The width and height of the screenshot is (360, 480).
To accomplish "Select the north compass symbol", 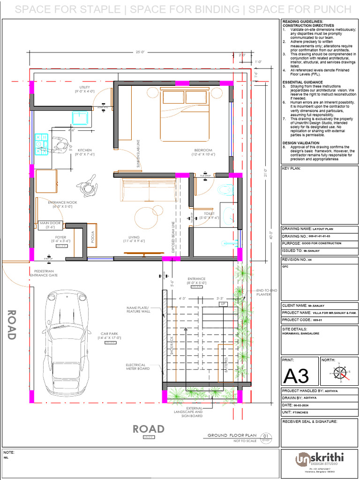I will click(341, 373).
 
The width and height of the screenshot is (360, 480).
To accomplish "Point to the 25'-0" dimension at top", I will click(140, 52).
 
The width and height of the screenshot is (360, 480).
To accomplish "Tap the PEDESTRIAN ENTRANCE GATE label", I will click(44, 274).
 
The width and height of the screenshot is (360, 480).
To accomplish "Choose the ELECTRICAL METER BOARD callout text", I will click(138, 367).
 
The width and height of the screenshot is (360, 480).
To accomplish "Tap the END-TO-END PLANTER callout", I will click(266, 292).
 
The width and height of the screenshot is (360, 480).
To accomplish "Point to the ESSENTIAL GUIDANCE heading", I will click(302, 82).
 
